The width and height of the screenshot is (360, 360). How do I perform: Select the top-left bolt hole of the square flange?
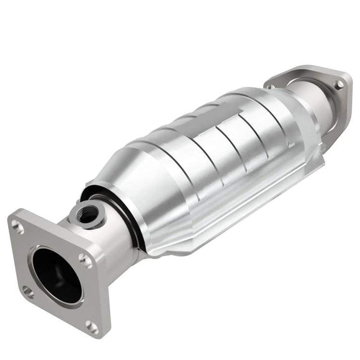(19, 227)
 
